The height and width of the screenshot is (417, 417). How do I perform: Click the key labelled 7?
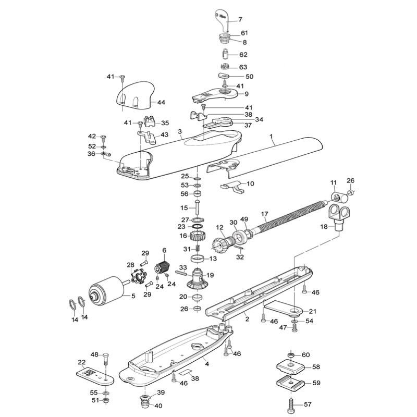[222, 20]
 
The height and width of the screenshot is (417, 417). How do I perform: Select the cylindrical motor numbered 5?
[106, 289]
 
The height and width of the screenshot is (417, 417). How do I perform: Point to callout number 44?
[161, 102]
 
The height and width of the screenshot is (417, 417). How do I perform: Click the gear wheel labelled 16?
[197, 236]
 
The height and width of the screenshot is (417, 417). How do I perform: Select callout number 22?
[82, 362]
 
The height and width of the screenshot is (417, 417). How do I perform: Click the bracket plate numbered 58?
[290, 367]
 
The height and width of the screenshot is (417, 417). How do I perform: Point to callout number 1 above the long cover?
[271, 137]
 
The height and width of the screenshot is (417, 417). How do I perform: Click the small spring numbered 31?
[198, 249]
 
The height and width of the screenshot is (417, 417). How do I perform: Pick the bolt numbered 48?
[106, 362]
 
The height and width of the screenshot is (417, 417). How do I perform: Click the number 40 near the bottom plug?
[158, 406]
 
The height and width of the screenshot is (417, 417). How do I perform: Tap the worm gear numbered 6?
[162, 268]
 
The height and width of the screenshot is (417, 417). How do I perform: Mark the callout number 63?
[243, 67]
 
